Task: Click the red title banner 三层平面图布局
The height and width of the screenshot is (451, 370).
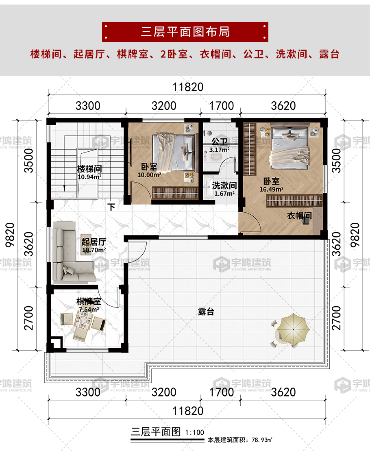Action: point(185,32)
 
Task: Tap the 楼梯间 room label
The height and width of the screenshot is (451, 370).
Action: point(89,168)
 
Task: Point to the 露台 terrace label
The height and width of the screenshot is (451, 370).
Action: point(206,312)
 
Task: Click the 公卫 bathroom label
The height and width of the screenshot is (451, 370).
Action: point(219,142)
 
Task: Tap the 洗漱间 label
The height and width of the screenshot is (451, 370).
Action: point(224,186)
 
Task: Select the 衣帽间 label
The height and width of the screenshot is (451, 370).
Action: point(299,216)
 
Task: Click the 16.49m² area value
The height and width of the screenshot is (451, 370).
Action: point(272,189)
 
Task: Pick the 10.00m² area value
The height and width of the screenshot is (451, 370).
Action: point(149,175)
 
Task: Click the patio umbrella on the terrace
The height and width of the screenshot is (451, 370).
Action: point(290,328)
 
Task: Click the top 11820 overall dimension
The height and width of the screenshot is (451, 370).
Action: point(187,87)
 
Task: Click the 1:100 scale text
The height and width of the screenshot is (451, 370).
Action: point(194,433)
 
